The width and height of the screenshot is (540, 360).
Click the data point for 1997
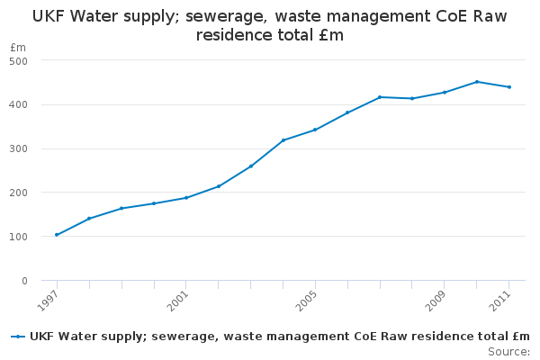pyautogui.click(x=57, y=235)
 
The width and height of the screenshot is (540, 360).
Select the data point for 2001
pyautogui.click(x=186, y=198)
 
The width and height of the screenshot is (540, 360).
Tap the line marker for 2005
pyautogui.click(x=315, y=130)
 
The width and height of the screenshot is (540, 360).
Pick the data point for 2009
pyautogui.click(x=445, y=92)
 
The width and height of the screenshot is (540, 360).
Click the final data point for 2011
pyautogui.click(x=509, y=87)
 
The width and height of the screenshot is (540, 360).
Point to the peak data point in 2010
pyautogui.click(x=477, y=82)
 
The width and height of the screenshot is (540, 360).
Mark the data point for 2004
pyautogui.click(x=283, y=140)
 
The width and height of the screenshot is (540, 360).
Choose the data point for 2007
pyautogui.click(x=380, y=97)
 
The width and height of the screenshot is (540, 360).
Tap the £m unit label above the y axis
pyautogui.click(x=18, y=47)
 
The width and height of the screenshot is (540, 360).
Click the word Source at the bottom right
pyautogui.click(x=508, y=351)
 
